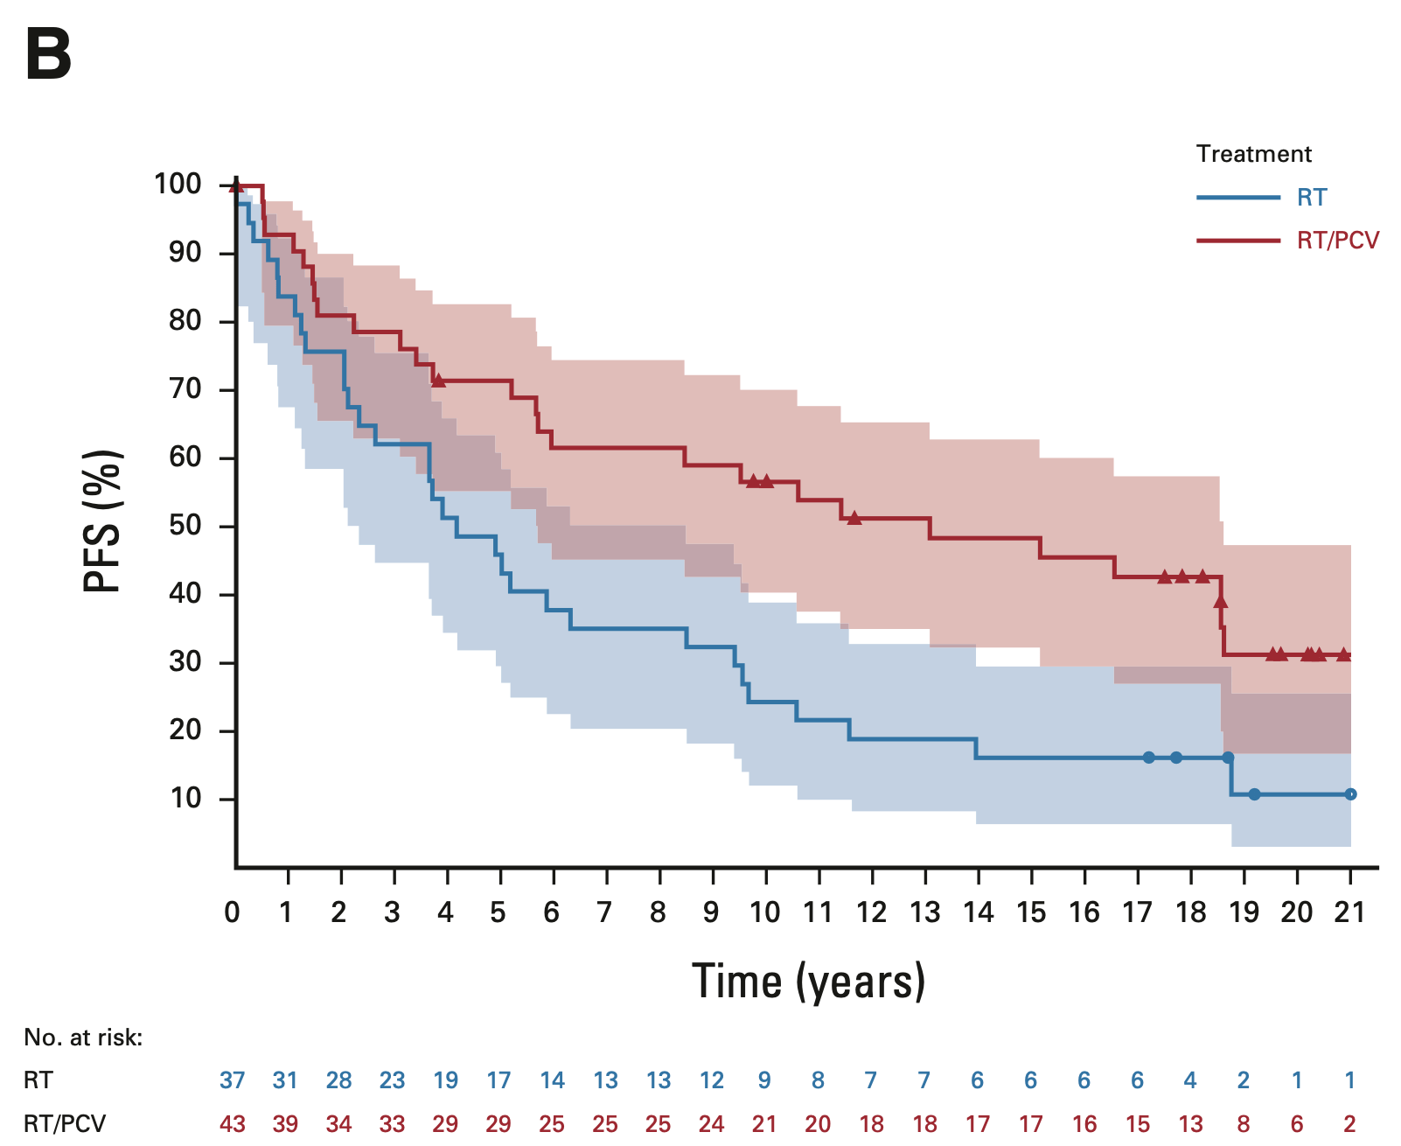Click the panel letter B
[49, 54]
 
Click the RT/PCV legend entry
[1337, 241]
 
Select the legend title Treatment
[1253, 155]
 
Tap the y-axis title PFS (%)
[102, 521]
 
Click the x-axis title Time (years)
[808, 982]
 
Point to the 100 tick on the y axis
[178, 185]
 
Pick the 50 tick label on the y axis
[185, 526]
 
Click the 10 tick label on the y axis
[185, 799]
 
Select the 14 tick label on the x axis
[979, 913]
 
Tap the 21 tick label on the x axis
[1349, 913]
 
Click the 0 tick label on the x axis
[233, 913]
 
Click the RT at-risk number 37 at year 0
[233, 1081]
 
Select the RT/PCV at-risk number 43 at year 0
[233, 1124]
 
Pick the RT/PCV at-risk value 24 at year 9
[712, 1124]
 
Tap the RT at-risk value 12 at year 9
[712, 1081]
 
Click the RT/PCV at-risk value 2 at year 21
[1349, 1124]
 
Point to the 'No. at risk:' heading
[83, 1038]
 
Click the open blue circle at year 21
[1350, 794]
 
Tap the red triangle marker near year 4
[439, 381]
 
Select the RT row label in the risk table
[38, 1081]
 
